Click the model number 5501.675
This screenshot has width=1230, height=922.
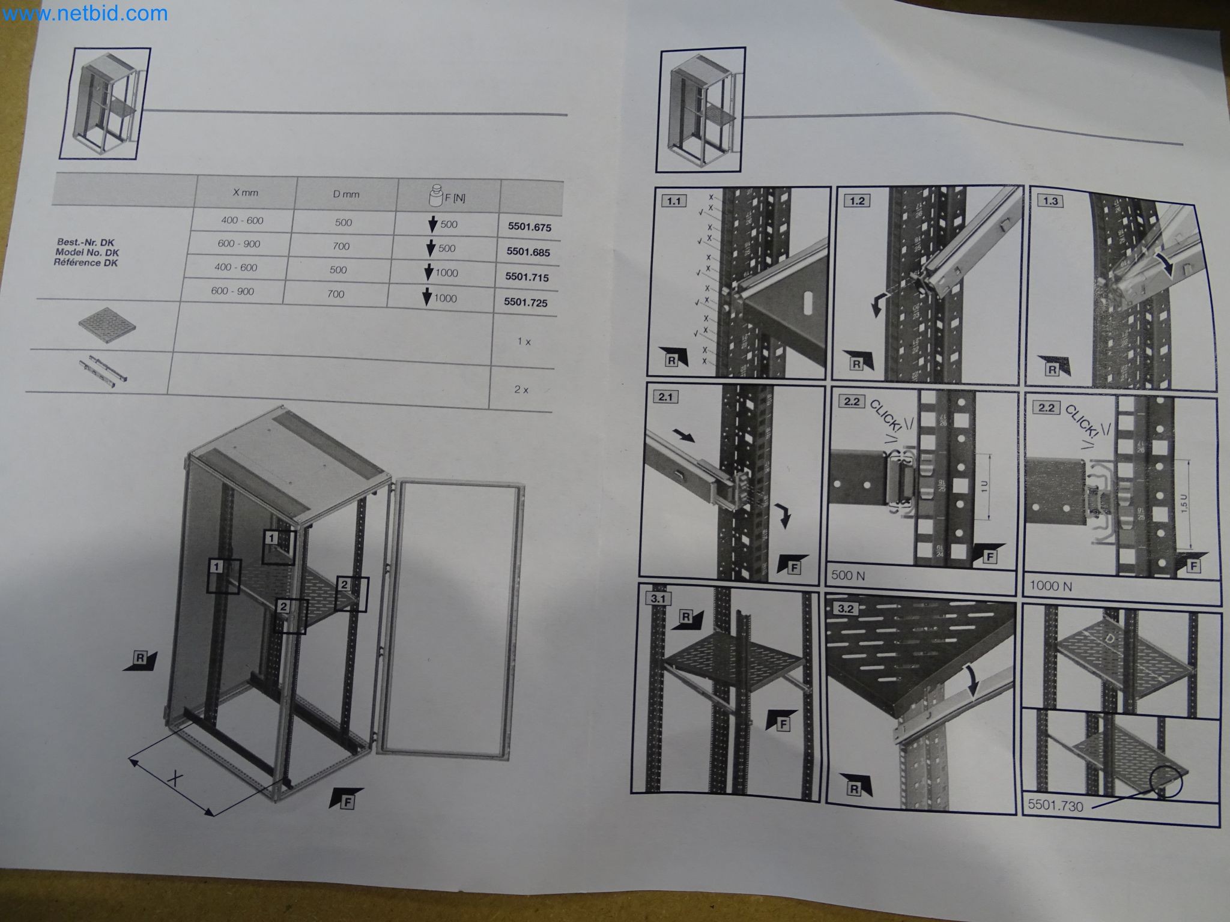tap(529, 227)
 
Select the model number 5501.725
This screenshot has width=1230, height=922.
tap(526, 303)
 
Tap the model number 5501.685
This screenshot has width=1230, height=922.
tap(528, 252)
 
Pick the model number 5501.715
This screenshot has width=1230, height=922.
tap(527, 277)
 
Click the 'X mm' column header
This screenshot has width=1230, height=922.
tap(245, 193)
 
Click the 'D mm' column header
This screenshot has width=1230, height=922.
tap(346, 194)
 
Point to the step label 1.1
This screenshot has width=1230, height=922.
tap(673, 201)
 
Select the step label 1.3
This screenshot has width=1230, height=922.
tap(1050, 201)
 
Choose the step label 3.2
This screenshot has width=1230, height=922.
tap(845, 609)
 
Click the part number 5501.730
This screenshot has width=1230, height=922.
tap(1055, 806)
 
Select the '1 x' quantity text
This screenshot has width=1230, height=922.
tap(524, 342)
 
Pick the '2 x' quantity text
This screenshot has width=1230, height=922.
tap(521, 390)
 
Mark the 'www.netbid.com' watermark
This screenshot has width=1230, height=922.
tap(84, 13)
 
